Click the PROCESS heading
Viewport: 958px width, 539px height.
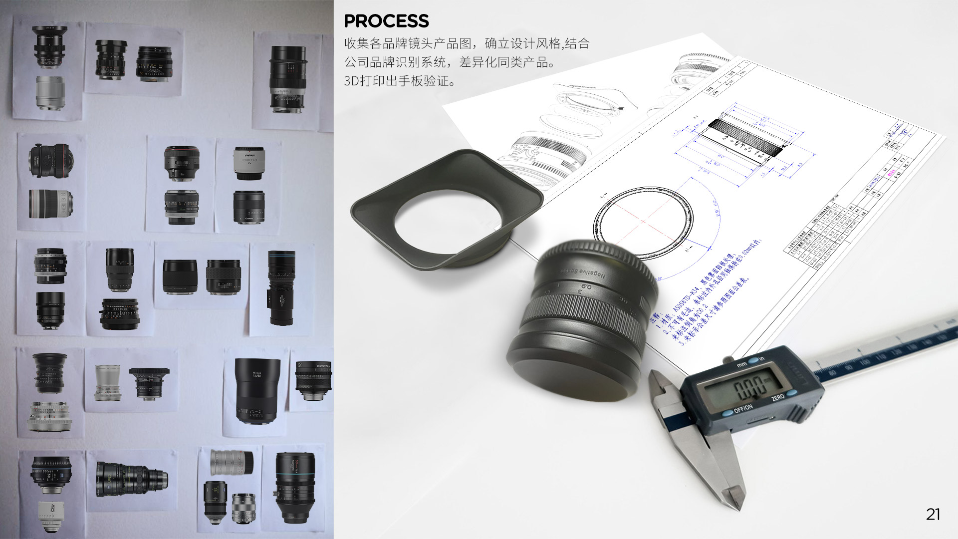tap(386, 21)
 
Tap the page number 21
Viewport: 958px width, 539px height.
tap(933, 515)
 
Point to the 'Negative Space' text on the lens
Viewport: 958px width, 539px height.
tap(583, 272)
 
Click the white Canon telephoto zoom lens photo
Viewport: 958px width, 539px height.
tap(50, 204)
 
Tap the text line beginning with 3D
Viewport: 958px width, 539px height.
tap(399, 81)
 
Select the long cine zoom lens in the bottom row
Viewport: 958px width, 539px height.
tap(132, 479)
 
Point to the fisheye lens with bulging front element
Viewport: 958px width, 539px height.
tap(49, 160)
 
